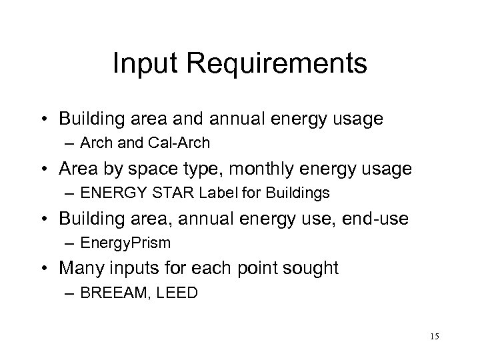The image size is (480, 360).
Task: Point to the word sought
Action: (x=312, y=269)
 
